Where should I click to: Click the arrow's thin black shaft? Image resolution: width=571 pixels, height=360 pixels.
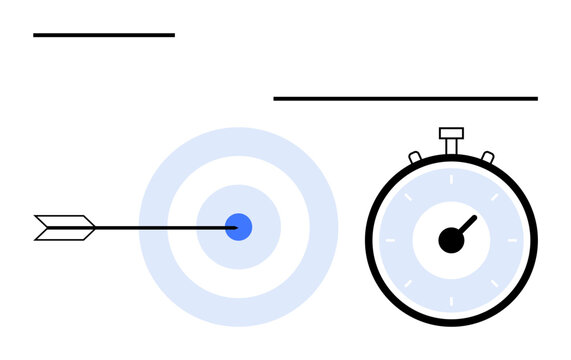coord(160,228)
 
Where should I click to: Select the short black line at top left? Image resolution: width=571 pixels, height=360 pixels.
coord(104,35)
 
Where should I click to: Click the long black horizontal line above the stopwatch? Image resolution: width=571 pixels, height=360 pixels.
coord(405,99)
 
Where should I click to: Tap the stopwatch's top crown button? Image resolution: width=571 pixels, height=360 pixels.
coord(452,133)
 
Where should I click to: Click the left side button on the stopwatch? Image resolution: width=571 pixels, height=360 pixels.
coord(415,157)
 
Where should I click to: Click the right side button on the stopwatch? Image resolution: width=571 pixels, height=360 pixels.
coord(487,157)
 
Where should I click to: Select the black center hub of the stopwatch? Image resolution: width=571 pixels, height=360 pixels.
coord(452,240)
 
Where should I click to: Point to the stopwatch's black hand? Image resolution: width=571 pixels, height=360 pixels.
coord(467,225)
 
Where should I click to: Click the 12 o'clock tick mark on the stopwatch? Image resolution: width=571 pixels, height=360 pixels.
coord(452,180)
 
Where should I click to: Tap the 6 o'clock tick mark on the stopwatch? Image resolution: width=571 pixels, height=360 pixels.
coord(452,300)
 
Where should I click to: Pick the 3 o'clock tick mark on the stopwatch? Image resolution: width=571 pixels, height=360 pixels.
coord(512,240)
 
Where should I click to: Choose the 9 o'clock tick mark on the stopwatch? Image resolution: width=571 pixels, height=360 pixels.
coord(391,240)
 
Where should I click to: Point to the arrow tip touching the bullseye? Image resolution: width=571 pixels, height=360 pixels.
coord(234,228)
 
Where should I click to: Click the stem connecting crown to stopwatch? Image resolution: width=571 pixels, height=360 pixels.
coord(452,148)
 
